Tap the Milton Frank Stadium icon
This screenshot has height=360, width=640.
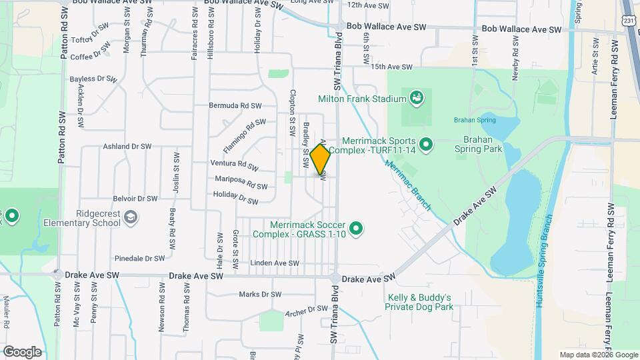click(x=417, y=99)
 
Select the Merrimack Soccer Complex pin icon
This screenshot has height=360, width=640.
click(x=357, y=229)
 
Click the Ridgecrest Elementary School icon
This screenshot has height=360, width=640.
click(x=132, y=217)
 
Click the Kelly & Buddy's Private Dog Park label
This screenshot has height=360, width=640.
click(x=419, y=302)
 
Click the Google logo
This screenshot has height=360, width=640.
click(x=21, y=352)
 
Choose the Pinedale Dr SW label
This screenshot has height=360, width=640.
click(x=139, y=258)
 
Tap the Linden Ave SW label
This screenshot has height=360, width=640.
click(x=276, y=263)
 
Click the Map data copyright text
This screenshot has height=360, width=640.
click(x=597, y=355)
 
